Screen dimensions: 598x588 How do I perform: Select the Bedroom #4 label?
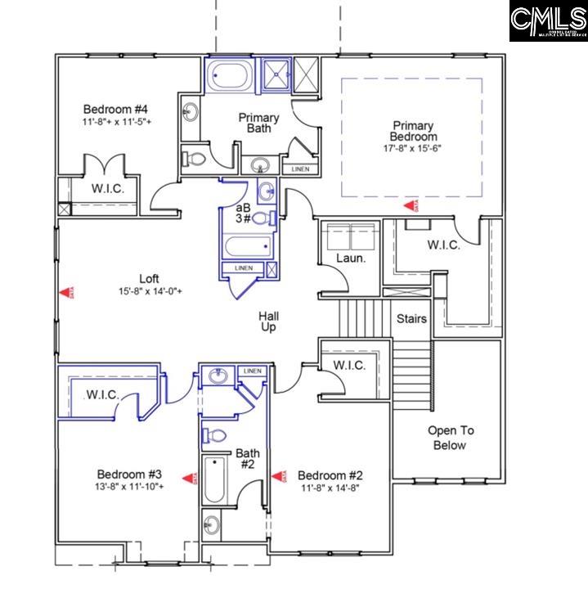tap(115, 109)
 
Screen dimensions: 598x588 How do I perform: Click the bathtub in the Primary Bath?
tap(229, 76)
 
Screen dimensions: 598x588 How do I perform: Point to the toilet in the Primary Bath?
tap(195, 158)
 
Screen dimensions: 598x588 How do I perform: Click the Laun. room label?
tap(350, 259)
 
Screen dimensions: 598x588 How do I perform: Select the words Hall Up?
tap(268, 321)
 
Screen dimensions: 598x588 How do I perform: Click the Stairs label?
tap(411, 317)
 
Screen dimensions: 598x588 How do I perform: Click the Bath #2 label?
tap(247, 458)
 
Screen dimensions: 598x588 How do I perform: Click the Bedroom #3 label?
tap(129, 474)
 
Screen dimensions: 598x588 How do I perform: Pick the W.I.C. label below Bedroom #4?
tap(107, 187)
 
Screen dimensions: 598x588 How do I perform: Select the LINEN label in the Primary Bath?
tap(299, 169)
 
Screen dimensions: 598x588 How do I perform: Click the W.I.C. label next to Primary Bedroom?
tap(443, 245)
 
